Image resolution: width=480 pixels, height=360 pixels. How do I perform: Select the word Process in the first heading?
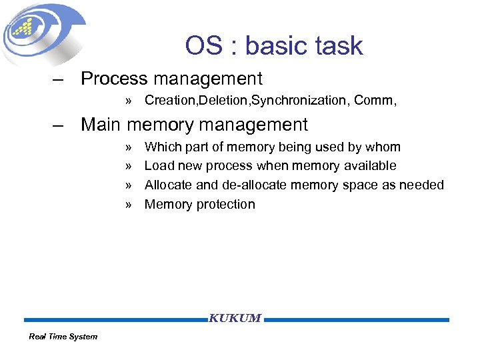click(x=114, y=79)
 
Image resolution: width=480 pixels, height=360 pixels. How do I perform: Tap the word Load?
click(x=159, y=166)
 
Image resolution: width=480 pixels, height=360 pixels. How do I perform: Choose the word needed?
click(x=421, y=185)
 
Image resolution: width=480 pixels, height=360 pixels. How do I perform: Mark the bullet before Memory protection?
click(x=129, y=205)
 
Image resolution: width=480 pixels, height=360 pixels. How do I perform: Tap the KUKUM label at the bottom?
click(x=235, y=319)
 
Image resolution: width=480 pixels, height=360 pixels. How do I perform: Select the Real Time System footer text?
click(x=63, y=337)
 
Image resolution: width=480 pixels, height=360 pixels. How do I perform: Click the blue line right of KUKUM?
click(x=357, y=320)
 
